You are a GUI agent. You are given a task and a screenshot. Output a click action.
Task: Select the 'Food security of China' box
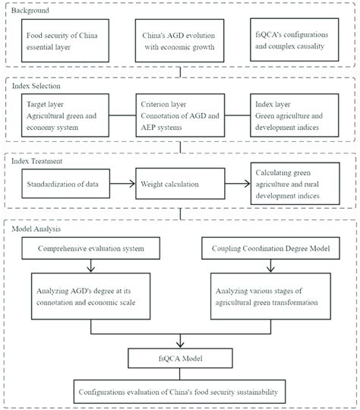(x=68, y=42)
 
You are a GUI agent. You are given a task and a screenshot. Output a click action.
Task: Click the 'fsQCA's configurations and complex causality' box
(x=292, y=42)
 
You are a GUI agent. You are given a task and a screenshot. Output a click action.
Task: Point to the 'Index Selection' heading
(x=36, y=87)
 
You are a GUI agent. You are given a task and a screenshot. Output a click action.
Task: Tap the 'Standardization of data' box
(x=68, y=183)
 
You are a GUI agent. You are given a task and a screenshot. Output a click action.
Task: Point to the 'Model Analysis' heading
(x=36, y=229)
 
